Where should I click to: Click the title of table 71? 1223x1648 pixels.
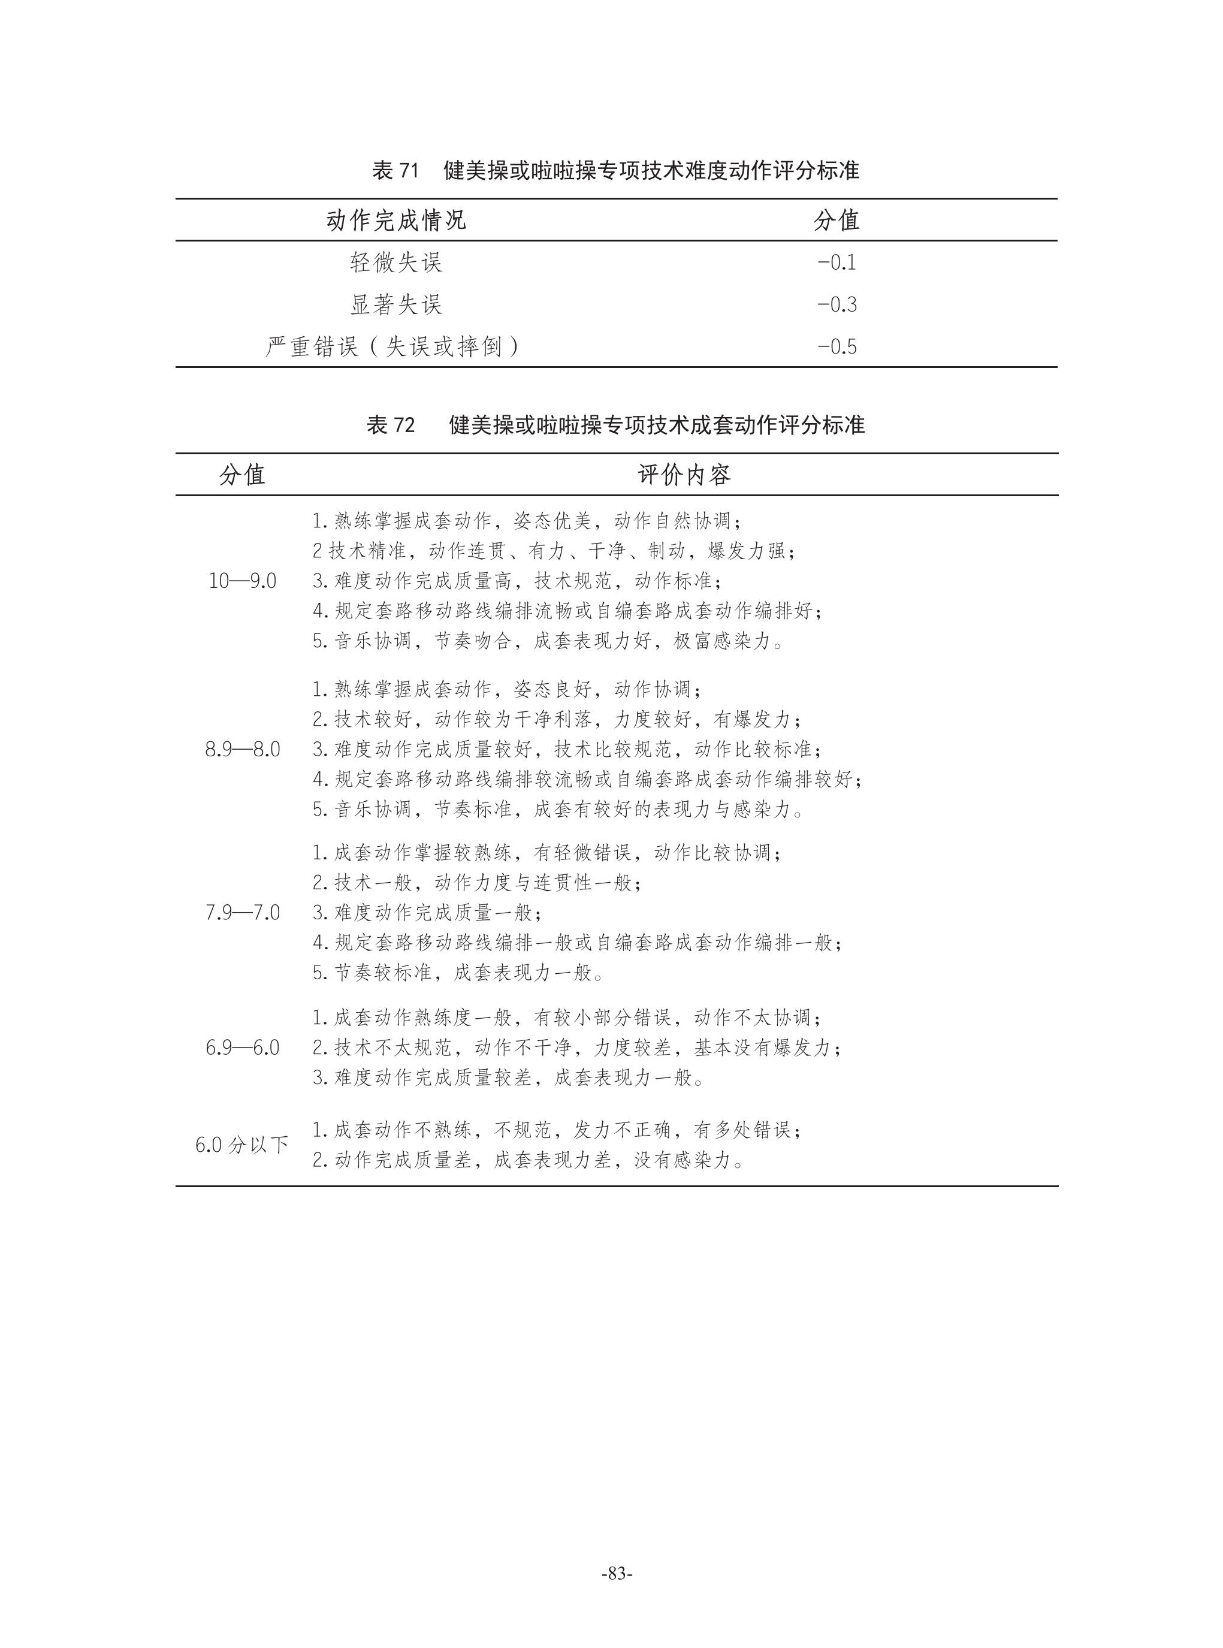tap(615, 171)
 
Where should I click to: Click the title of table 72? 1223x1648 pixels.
tap(615, 425)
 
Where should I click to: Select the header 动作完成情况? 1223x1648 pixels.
tap(396, 221)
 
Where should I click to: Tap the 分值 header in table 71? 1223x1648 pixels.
tap(837, 221)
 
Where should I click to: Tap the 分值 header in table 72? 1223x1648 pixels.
tap(242, 475)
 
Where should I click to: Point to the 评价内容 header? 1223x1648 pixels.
tap(684, 475)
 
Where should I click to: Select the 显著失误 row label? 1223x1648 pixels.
tap(396, 304)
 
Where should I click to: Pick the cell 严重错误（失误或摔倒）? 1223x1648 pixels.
tap(393, 346)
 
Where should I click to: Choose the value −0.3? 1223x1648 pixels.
tap(837, 304)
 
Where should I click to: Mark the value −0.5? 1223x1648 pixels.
tap(837, 346)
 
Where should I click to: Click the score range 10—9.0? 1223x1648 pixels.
tap(242, 581)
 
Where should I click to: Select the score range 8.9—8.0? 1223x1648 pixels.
tap(242, 749)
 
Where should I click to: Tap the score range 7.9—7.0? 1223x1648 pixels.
tap(242, 913)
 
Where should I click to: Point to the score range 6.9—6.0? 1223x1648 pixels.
tap(242, 1048)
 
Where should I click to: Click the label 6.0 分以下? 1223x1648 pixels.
tap(242, 1145)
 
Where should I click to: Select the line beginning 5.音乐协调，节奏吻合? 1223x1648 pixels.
tap(548, 641)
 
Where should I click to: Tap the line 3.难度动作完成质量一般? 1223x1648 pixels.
tap(427, 913)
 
